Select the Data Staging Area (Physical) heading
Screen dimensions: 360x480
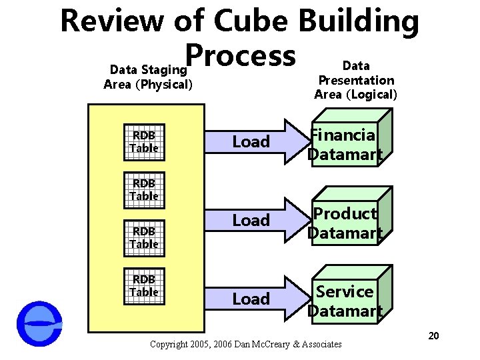pyautogui.click(x=148, y=77)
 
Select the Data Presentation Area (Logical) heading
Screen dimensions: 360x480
pyautogui.click(x=355, y=80)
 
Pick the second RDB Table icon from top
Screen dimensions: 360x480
pyautogui.click(x=144, y=189)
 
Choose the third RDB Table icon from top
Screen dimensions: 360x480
pyautogui.click(x=144, y=237)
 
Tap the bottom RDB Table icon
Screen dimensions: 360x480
pyautogui.click(x=144, y=285)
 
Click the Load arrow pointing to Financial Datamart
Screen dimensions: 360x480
pyautogui.click(x=259, y=141)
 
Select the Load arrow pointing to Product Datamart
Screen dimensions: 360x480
pyautogui.click(x=259, y=220)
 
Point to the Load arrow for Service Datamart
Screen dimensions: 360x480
pyautogui.click(x=259, y=299)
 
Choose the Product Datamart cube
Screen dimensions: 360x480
pyautogui.click(x=347, y=223)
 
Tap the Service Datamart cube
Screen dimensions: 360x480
pyautogui.click(x=347, y=301)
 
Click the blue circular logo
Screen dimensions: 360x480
pyautogui.click(x=39, y=324)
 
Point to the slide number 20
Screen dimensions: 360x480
pyautogui.click(x=433, y=335)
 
